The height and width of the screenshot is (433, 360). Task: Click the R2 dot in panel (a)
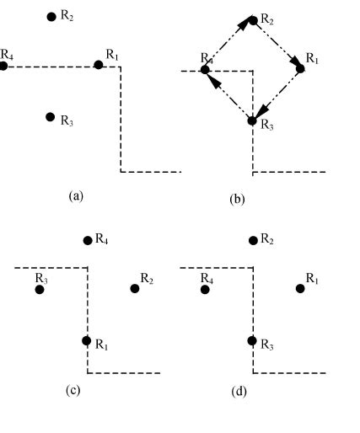coord(51,16)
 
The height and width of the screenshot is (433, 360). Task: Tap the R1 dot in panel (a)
coord(99,65)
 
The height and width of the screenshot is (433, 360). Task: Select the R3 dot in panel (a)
coord(51,116)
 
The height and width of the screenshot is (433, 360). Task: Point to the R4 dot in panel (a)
coord(3,65)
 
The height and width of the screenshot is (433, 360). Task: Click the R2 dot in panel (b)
coord(253,19)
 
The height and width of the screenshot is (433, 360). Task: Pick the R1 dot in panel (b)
coord(300,68)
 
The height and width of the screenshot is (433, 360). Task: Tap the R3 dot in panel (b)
coord(251,121)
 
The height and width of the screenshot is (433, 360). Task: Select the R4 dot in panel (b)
coord(204,70)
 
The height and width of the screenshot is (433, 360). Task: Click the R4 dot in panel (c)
coord(87,240)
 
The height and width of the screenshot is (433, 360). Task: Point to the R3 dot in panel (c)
coord(40,290)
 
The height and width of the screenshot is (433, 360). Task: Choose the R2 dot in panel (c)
coord(135,289)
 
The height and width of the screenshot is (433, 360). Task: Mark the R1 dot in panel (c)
coord(86,340)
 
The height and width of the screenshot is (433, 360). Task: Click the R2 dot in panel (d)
coord(253,240)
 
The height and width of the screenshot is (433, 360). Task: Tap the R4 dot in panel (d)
coord(205,290)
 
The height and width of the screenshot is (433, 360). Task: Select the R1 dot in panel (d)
coord(300,289)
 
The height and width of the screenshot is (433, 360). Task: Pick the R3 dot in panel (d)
coord(251,340)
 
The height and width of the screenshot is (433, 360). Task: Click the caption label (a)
coord(76,195)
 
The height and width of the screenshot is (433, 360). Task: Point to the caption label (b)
coord(237,200)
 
